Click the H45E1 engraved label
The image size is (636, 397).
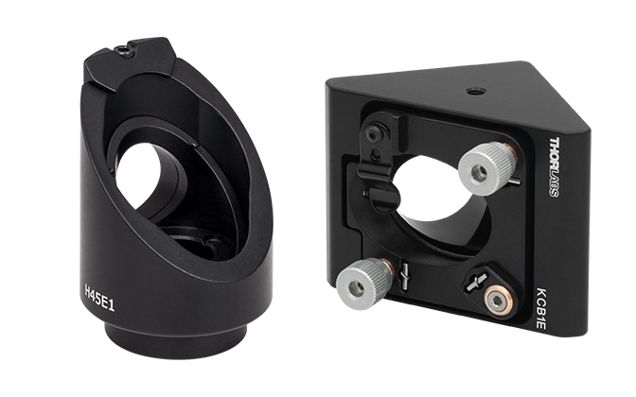pyautogui.click(x=99, y=298)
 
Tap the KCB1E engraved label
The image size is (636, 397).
pyautogui.click(x=542, y=307)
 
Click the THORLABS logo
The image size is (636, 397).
pyautogui.click(x=555, y=167)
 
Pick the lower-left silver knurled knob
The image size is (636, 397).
pyautogui.click(x=362, y=283)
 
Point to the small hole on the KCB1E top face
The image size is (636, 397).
pyautogui.click(x=472, y=92)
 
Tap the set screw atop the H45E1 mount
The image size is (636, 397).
pyautogui.click(x=123, y=50)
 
